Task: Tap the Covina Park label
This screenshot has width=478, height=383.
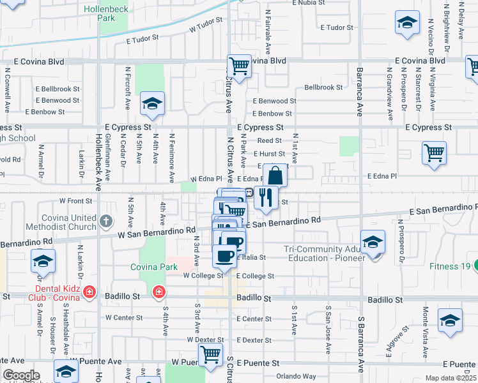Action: [x=154, y=266]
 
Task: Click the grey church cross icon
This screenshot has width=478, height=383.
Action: [x=106, y=222]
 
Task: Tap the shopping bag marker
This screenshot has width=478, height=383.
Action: [x=275, y=176]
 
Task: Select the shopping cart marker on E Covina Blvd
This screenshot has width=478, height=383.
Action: [x=239, y=65]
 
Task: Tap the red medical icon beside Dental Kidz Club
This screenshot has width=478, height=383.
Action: [x=90, y=292]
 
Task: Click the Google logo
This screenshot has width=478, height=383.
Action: [x=21, y=375]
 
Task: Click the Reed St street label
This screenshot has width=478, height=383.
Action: [x=269, y=140]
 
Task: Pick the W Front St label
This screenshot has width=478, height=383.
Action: [x=75, y=200]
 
